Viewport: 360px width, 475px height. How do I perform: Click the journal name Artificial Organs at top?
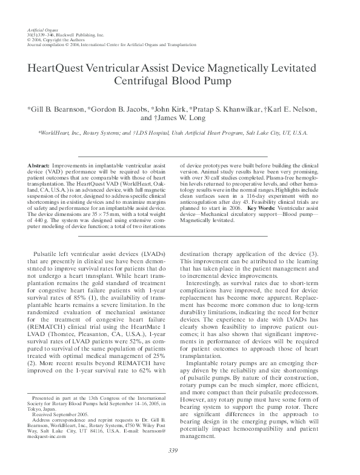pos(41,30)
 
